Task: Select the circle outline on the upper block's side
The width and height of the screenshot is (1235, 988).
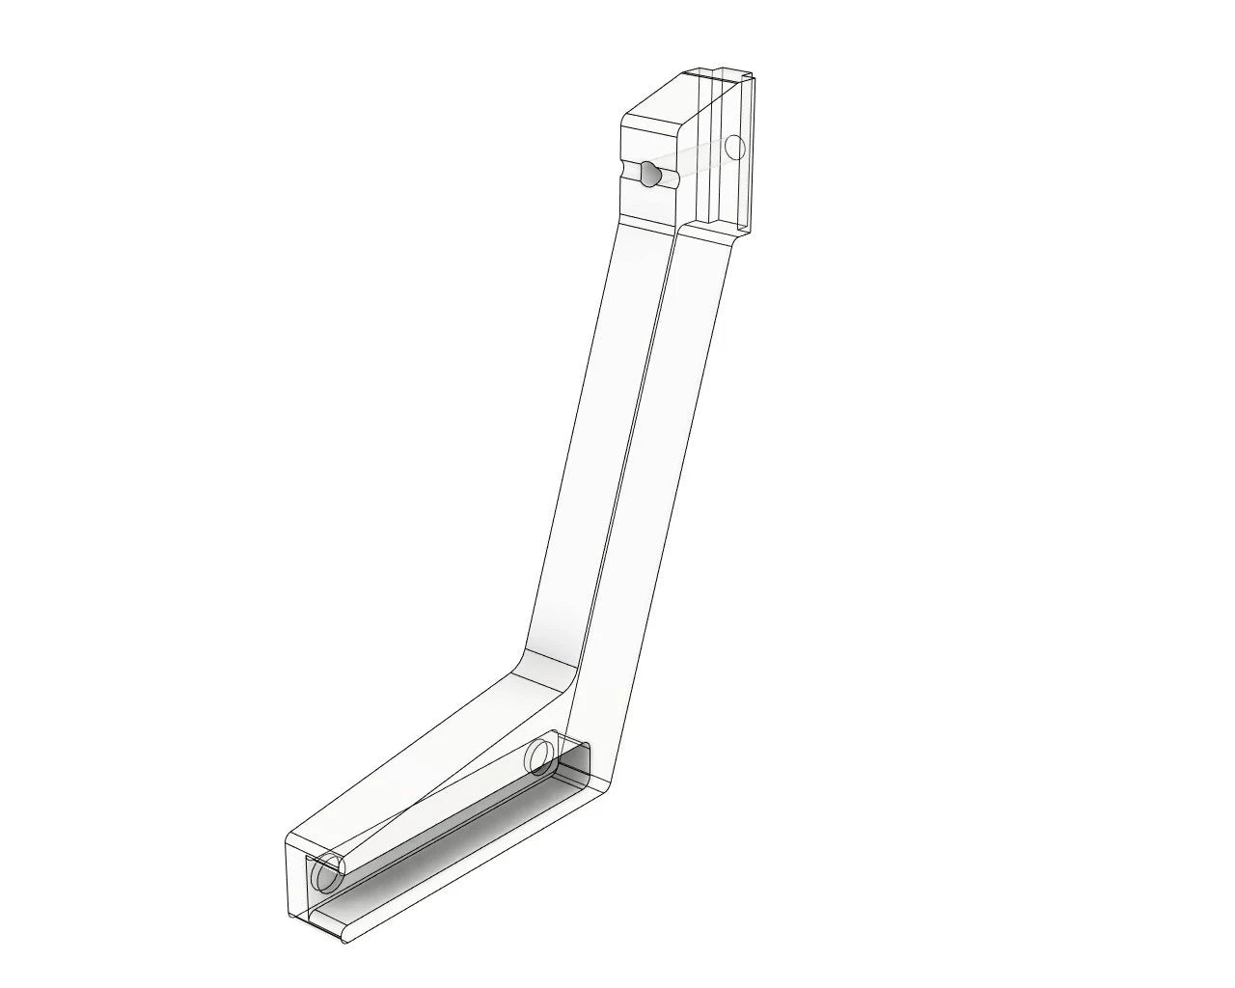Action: coord(735,148)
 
